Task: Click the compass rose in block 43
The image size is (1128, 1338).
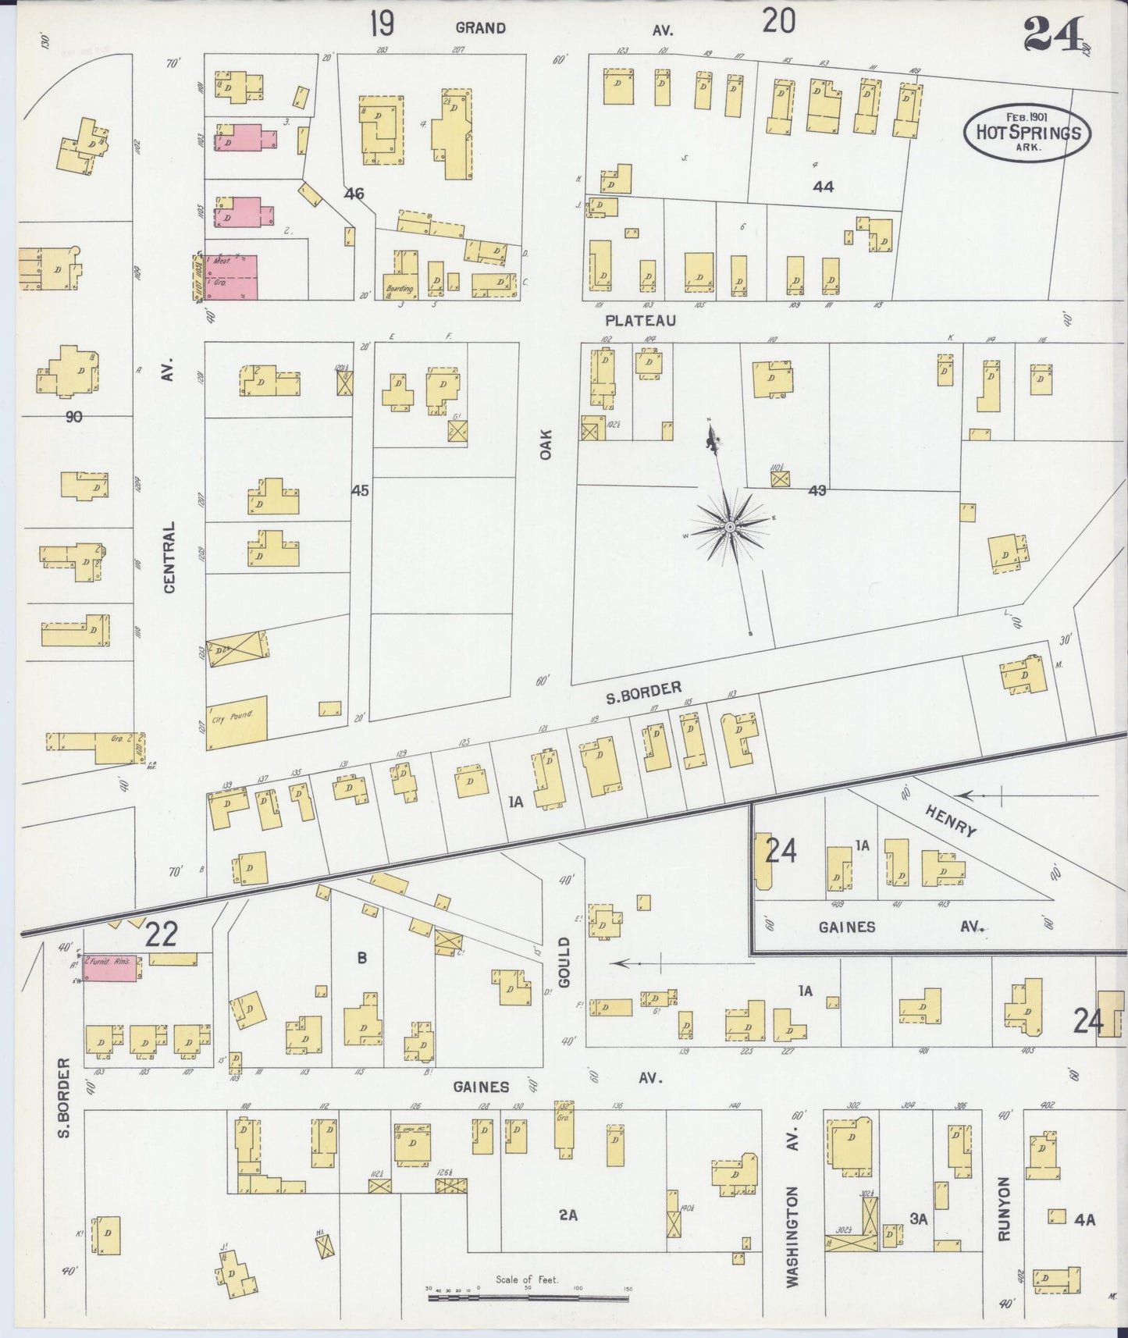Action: pos(729,527)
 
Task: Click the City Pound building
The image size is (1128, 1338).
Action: pos(237,723)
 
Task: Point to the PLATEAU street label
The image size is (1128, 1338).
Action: pos(639,321)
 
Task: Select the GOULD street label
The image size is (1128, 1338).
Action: pos(565,963)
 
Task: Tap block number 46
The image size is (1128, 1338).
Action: pos(354,193)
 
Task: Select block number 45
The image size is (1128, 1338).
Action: pos(360,491)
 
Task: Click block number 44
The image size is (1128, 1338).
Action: pos(823,187)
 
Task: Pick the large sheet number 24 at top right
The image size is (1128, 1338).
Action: pos(1054,33)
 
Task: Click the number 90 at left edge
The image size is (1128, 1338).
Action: pos(73,417)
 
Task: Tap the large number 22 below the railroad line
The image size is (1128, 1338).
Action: pos(161,934)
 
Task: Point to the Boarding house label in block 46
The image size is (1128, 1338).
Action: pos(398,289)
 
